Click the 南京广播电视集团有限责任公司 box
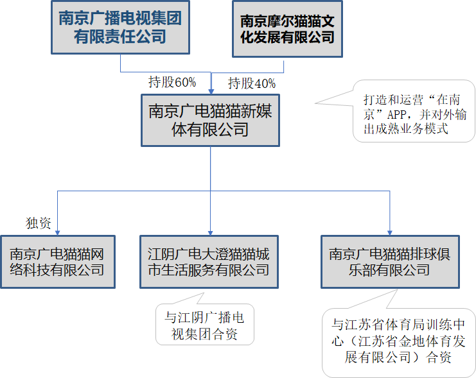[x=120, y=28]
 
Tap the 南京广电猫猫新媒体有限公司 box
[x=210, y=120]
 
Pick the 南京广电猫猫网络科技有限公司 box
[x=57, y=261]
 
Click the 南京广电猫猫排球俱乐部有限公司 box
[x=390, y=261]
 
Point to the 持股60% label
[x=172, y=82]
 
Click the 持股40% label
[x=251, y=83]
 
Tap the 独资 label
[x=38, y=223]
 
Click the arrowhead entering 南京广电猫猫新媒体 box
[x=211, y=90]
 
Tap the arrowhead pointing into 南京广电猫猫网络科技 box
[x=57, y=232]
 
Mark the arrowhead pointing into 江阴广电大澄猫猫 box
[x=211, y=232]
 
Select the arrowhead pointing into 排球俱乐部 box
[x=390, y=232]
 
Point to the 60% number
[x=185, y=82]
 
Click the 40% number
[x=265, y=83]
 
